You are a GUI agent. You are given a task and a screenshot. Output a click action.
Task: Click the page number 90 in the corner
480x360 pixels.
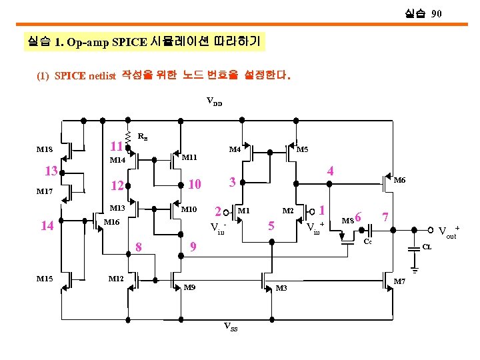pos(436,13)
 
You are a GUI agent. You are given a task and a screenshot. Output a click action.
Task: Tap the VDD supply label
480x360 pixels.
pos(214,102)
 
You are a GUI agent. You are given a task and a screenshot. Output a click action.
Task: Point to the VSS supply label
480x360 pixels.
pos(230,327)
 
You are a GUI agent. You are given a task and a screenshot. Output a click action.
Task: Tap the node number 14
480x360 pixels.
pos(47,225)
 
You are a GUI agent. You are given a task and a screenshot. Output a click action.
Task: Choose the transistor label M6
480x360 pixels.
pos(399,180)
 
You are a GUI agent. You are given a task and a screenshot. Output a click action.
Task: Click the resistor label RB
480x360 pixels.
pos(142,137)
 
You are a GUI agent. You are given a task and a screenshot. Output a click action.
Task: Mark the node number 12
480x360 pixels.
pos(117,185)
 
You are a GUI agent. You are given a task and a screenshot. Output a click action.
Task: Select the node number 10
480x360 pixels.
pos(194,183)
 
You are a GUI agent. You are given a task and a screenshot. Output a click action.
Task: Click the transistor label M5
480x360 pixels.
pos(302,149)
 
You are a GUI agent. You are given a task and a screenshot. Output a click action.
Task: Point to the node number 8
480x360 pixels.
pos(139,247)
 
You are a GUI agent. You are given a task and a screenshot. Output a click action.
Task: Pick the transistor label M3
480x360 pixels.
pos(281,288)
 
